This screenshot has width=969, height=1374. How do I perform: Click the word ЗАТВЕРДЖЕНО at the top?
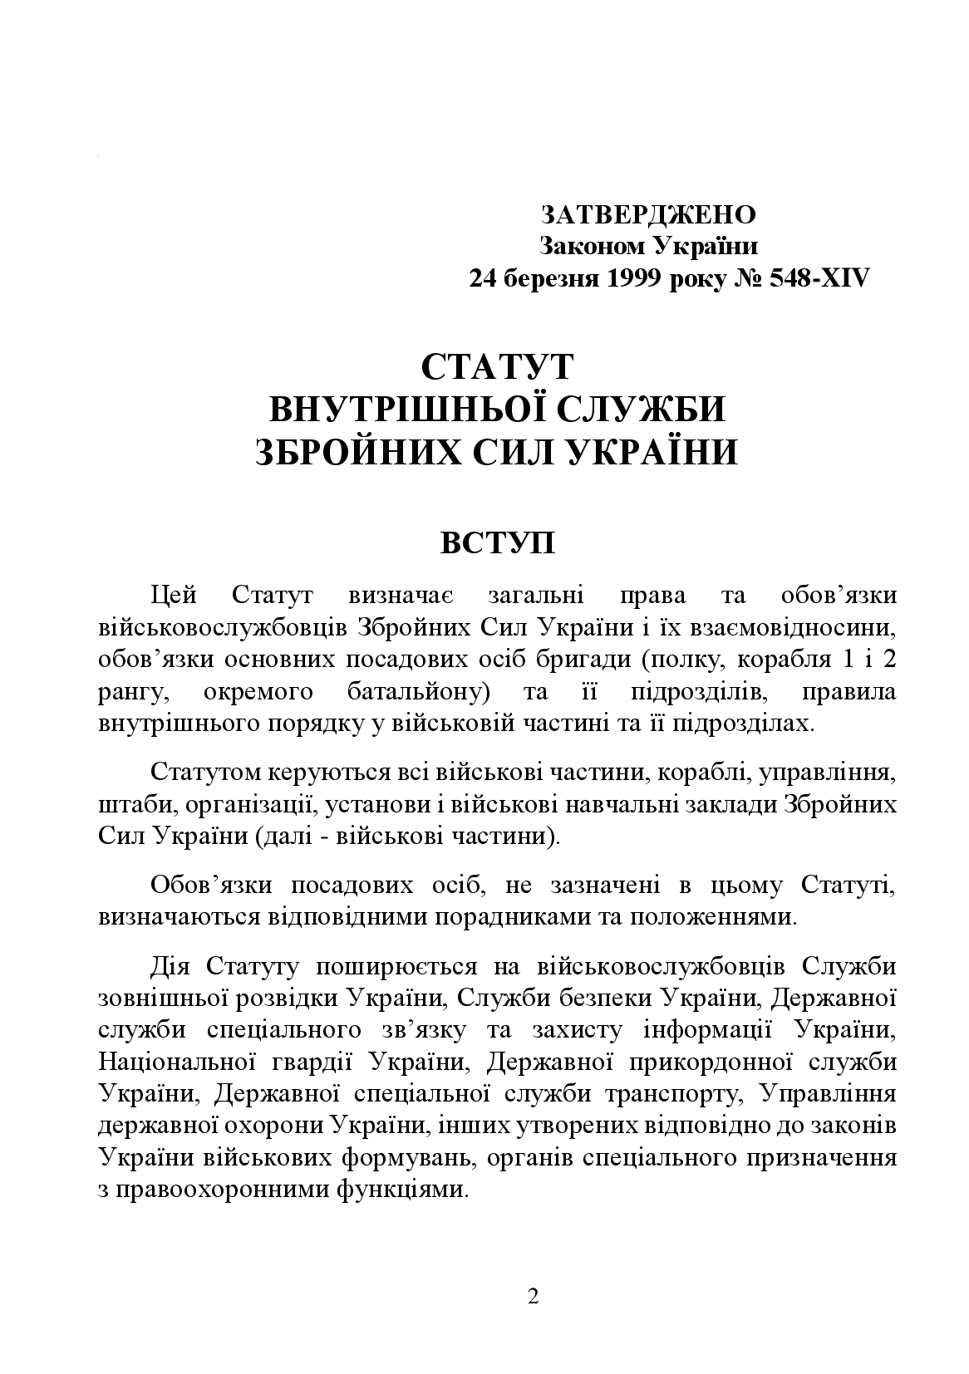(648, 214)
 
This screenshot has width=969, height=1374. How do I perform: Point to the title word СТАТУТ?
(497, 367)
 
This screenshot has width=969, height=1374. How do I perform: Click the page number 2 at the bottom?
(533, 1297)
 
